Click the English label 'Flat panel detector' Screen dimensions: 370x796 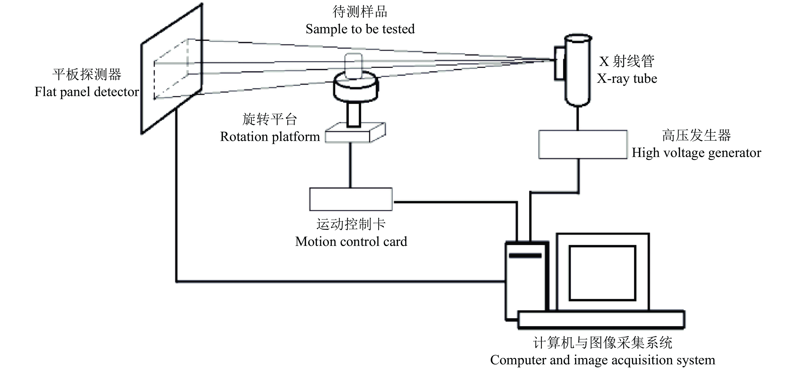(x=87, y=92)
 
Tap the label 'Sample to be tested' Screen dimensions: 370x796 (x=360, y=29)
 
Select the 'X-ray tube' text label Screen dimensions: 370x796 (x=627, y=79)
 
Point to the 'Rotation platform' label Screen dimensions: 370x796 (x=270, y=137)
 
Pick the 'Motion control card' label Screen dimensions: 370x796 (x=351, y=241)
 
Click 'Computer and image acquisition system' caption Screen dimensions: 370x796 (x=602, y=360)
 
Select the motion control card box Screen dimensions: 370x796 (x=351, y=199)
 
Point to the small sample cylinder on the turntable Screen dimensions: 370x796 (x=353, y=66)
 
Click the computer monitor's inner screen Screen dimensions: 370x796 (x=602, y=273)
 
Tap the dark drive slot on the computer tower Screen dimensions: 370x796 (x=525, y=256)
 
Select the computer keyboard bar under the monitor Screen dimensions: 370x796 (x=601, y=319)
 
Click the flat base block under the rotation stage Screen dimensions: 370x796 (x=352, y=135)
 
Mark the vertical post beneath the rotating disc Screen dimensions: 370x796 (x=354, y=114)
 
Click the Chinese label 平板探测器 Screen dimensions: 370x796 (x=87, y=75)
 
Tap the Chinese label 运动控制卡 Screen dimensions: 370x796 (x=351, y=224)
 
